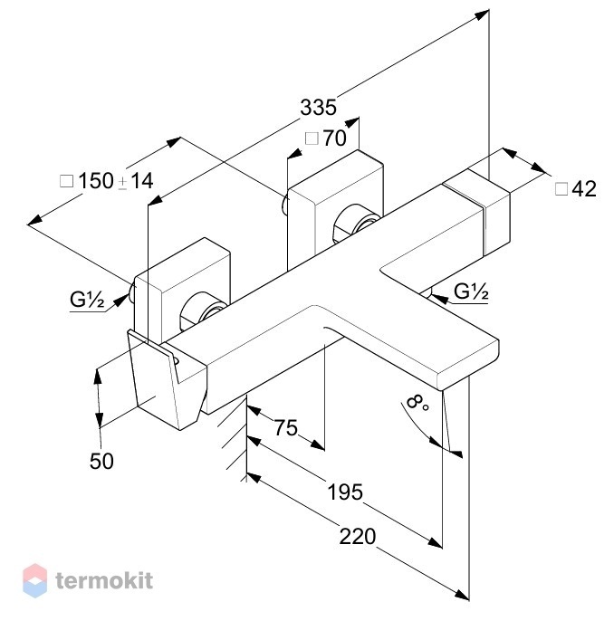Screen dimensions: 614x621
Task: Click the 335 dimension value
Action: [318, 108]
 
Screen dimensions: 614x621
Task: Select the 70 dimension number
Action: [335, 139]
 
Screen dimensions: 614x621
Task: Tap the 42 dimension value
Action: [584, 189]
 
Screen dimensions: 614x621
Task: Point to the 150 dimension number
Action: [96, 181]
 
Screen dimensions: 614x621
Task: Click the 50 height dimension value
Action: [101, 462]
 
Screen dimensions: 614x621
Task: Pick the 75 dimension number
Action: [285, 427]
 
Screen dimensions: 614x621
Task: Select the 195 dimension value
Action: [345, 492]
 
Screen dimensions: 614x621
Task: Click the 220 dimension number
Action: [358, 537]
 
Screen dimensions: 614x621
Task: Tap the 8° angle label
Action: [417, 404]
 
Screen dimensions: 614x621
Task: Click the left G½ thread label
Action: [87, 300]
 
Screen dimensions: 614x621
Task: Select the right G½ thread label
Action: [471, 291]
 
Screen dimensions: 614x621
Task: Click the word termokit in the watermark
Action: [104, 580]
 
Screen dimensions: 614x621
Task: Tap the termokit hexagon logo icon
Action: [34, 580]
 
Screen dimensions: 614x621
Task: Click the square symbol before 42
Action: [561, 189]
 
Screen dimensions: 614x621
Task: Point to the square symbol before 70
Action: [312, 139]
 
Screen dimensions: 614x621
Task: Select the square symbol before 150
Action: [66, 181]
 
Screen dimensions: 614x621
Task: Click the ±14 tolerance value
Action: [136, 181]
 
